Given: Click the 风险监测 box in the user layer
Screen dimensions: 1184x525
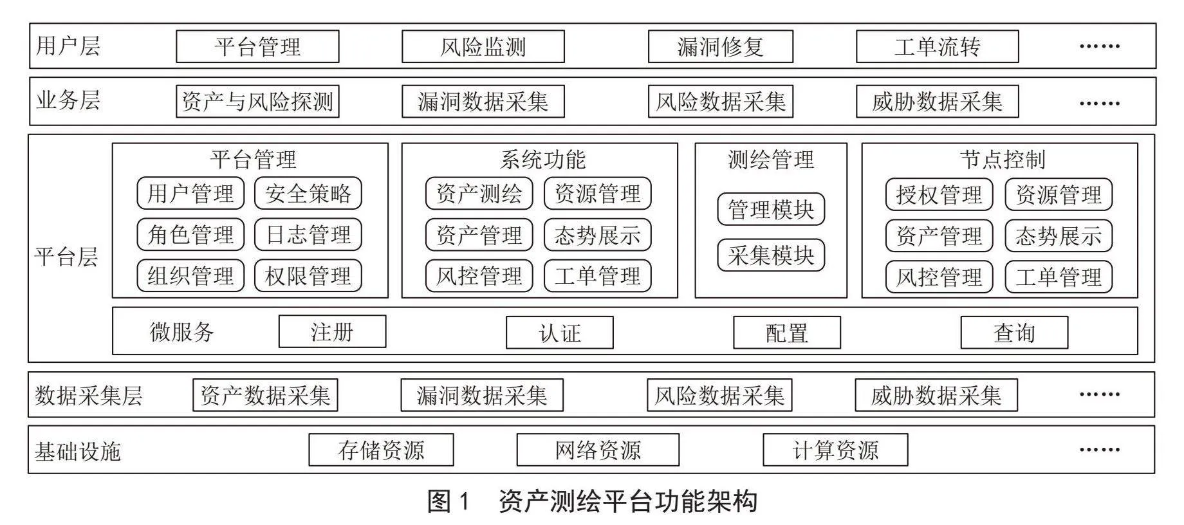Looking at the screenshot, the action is (x=483, y=46).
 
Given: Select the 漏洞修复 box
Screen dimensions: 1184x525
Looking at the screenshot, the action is (x=720, y=46).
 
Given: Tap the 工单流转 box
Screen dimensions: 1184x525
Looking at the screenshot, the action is (x=937, y=46).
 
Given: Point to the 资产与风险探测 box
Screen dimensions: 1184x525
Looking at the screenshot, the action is (x=257, y=101).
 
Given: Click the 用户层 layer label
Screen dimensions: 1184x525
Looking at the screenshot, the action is (x=68, y=46).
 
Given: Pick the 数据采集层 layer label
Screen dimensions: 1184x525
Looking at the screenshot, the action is (x=89, y=395).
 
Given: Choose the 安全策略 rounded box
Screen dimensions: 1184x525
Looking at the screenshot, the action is (x=308, y=194).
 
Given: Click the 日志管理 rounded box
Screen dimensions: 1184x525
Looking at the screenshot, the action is (x=308, y=235).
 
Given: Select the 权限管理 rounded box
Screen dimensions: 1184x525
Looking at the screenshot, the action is (x=308, y=276).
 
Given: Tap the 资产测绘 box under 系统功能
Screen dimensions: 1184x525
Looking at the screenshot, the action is (x=479, y=194).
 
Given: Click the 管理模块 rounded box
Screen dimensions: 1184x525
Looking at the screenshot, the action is (x=771, y=209).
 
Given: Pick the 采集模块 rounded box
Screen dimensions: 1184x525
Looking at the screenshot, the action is (x=771, y=255).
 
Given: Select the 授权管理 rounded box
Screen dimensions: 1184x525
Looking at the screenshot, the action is (x=939, y=194).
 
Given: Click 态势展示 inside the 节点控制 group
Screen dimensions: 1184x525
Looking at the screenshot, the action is (x=1059, y=236).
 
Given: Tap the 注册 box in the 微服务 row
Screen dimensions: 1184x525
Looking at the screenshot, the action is (x=332, y=331).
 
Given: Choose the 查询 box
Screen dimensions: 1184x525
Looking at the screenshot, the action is (x=1014, y=333).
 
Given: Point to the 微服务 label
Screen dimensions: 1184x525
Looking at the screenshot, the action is (x=181, y=332).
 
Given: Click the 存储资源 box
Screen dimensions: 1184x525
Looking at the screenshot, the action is (x=381, y=450).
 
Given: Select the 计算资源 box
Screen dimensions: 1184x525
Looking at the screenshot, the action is (x=835, y=450).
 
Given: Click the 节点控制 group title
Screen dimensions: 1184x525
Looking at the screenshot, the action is (x=1003, y=160).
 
